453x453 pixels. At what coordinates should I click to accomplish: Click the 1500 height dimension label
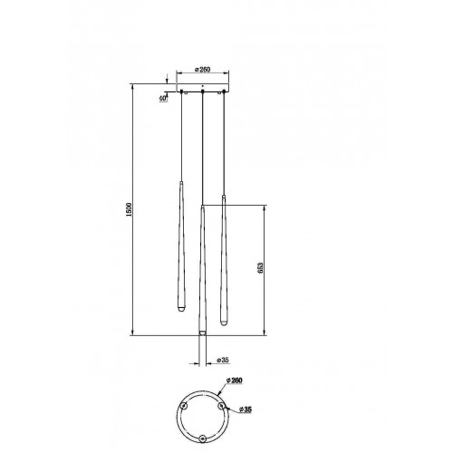[129, 209]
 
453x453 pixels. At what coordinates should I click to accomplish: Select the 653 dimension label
[261, 268]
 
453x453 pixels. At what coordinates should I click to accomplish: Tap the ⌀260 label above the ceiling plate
[202, 70]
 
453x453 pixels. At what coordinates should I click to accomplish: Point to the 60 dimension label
[163, 98]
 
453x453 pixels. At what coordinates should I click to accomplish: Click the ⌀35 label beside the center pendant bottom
[223, 360]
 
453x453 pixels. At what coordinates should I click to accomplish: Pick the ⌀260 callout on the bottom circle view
[234, 381]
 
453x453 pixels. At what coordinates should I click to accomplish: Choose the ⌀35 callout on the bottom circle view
[245, 410]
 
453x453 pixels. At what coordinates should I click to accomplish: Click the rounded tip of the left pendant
[181, 311]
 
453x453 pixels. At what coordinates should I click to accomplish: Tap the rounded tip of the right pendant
[224, 323]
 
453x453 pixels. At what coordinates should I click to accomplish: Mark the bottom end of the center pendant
[202, 333]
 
